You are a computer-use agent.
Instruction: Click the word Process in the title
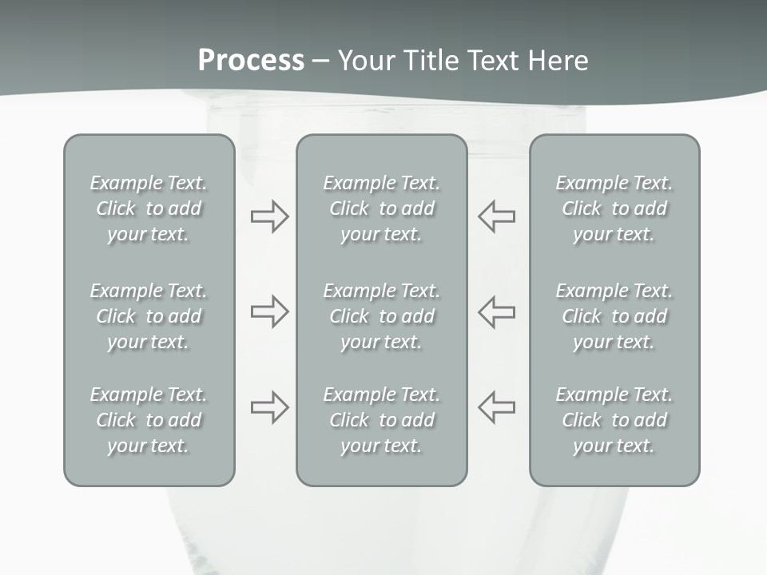click(251, 61)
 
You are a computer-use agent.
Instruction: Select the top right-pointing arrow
click(269, 216)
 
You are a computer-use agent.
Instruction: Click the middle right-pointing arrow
click(269, 311)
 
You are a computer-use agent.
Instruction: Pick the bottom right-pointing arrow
click(269, 407)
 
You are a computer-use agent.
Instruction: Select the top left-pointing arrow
click(496, 216)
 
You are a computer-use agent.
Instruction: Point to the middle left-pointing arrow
click(496, 311)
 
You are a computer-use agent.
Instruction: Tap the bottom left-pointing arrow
click(496, 407)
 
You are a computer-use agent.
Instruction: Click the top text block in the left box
click(149, 208)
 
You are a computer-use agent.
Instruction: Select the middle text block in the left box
click(149, 316)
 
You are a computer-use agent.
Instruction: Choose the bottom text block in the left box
click(149, 420)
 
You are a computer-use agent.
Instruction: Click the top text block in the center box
click(381, 208)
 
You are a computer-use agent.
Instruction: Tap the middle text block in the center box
click(381, 316)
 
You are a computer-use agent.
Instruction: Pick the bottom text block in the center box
click(381, 420)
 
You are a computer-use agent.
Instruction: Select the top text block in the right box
click(614, 208)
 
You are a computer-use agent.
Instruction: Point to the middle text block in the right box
click(614, 316)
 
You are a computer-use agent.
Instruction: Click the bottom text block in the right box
click(614, 420)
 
